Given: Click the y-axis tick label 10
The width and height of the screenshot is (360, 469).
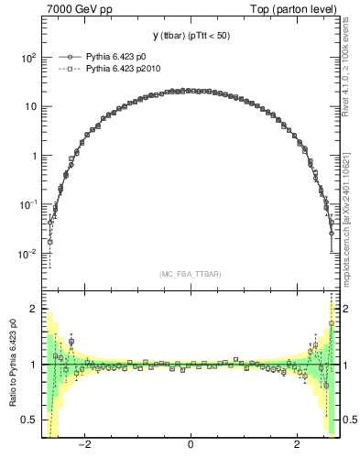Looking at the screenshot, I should [x=29, y=106].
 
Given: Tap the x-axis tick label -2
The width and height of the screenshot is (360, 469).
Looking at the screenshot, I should [x=84, y=445].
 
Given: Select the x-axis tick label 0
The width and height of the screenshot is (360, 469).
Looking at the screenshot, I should [x=191, y=445].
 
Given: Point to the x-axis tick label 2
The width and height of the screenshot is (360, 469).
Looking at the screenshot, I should [x=297, y=445].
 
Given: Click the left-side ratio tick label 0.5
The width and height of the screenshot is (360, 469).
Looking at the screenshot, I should [x=29, y=420].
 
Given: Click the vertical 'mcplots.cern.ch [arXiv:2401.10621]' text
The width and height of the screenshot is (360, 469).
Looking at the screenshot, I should [x=345, y=221].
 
